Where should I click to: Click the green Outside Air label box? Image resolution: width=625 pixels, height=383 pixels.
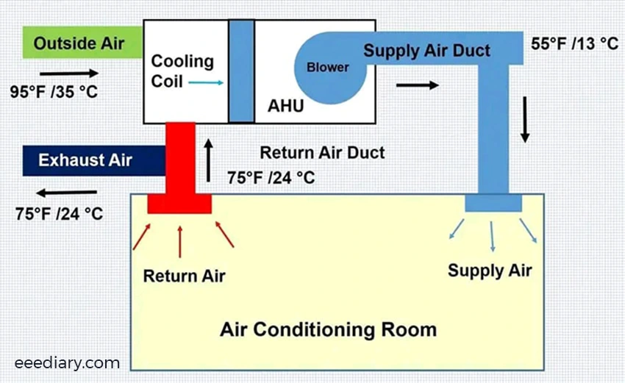point(76,43)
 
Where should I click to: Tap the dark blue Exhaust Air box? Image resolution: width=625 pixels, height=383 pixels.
point(85,160)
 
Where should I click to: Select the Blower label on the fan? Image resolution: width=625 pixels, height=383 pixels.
point(328,67)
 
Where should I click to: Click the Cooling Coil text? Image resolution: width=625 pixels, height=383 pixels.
point(182,71)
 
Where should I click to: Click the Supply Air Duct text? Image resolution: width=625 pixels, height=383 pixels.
point(426,51)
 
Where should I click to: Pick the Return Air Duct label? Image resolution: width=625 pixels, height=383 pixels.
point(322,154)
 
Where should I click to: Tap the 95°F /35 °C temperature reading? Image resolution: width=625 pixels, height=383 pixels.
point(54,93)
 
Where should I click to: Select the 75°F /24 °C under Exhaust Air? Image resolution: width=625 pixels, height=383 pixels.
point(59,214)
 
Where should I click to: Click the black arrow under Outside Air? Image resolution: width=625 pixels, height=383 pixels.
point(68,73)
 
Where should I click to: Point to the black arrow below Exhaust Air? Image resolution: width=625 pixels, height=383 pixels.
point(71,193)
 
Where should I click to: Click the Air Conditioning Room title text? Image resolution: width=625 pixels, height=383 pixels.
point(328,329)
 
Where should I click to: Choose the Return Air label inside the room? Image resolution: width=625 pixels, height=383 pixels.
point(184,276)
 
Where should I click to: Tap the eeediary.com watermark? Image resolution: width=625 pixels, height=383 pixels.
point(67,362)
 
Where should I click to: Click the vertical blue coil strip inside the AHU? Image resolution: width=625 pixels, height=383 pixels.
point(241,71)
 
